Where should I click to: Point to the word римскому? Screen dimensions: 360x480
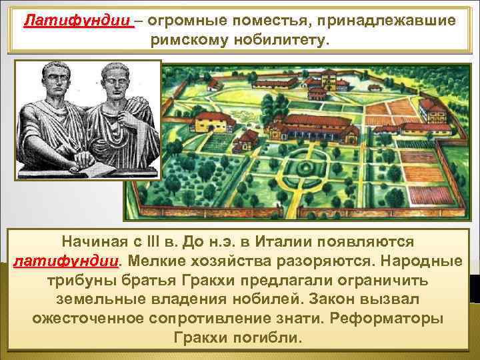(x=197, y=42)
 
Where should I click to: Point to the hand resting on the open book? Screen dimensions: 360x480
(x=57, y=155)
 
